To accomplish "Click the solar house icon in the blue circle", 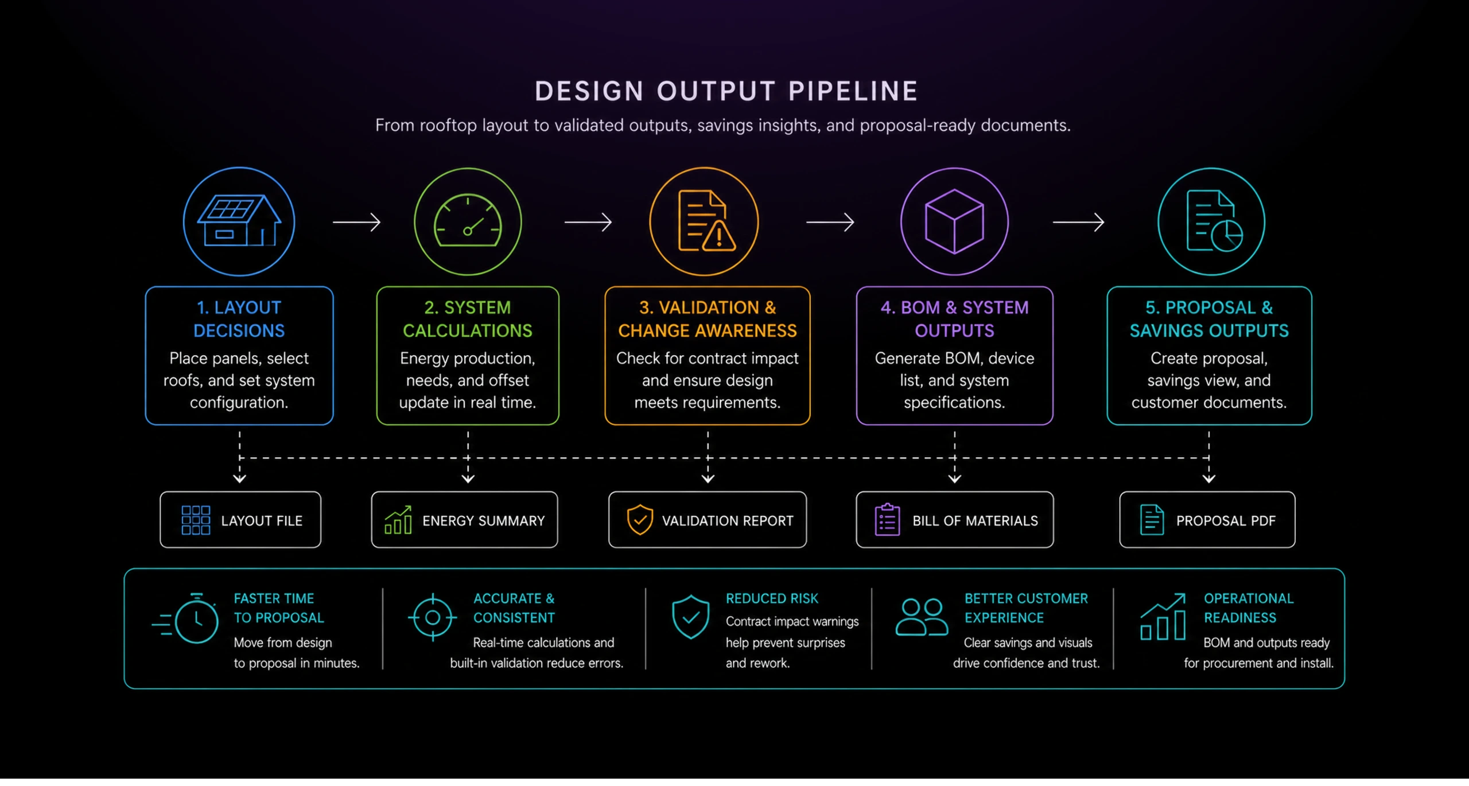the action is coord(239,221).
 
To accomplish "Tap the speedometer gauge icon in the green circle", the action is coord(468,221).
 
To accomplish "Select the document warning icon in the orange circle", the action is coord(705,221).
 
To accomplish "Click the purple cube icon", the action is coord(954,221).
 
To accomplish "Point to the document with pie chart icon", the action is coord(1214,221).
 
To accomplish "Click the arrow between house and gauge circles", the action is coord(356,222).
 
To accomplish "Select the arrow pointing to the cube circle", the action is coord(830,222).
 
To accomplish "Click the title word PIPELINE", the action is coord(853,91).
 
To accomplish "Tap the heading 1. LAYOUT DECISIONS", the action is coord(239,319).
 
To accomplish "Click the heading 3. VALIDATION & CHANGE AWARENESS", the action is coord(708,319).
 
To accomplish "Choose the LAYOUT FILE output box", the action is coord(240,520).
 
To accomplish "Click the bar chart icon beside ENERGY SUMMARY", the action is coord(398,520).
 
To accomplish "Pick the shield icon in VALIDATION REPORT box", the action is coord(640,520).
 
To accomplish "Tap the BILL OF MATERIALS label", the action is coord(975,521).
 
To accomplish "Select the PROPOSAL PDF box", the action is coord(1207,520).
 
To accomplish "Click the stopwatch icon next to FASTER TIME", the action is coord(186,618).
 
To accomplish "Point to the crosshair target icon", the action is coord(433,618).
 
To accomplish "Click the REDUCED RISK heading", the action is coord(772,599).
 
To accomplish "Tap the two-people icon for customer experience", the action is coord(922,617).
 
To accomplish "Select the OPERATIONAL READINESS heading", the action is coord(1249,608).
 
